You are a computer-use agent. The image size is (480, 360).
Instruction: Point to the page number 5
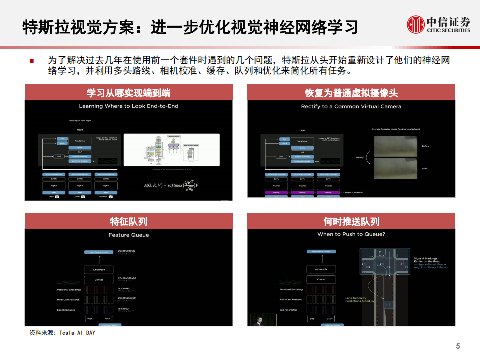(x=458, y=346)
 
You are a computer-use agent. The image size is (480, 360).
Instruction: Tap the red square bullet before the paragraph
(x=32, y=61)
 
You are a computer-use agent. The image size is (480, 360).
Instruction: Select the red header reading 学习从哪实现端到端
(x=129, y=92)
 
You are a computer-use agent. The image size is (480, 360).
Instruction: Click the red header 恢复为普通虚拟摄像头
(x=351, y=92)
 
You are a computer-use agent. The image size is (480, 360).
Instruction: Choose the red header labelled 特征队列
(x=129, y=221)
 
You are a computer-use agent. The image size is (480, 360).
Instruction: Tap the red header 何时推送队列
(x=351, y=221)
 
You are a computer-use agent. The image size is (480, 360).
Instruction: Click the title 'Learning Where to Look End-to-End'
(x=129, y=106)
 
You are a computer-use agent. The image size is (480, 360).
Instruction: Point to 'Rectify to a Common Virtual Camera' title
(x=351, y=106)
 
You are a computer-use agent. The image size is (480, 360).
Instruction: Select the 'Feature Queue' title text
(x=129, y=235)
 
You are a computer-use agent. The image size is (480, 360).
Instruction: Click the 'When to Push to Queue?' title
(x=351, y=234)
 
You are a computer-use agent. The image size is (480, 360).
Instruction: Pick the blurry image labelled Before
(x=395, y=146)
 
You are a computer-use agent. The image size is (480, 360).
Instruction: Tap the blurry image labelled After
(x=395, y=168)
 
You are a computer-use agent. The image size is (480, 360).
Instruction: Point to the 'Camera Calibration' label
(x=353, y=192)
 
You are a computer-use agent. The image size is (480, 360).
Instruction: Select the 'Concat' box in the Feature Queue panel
(x=99, y=280)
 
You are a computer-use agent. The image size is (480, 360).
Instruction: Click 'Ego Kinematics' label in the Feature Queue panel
(x=66, y=310)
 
